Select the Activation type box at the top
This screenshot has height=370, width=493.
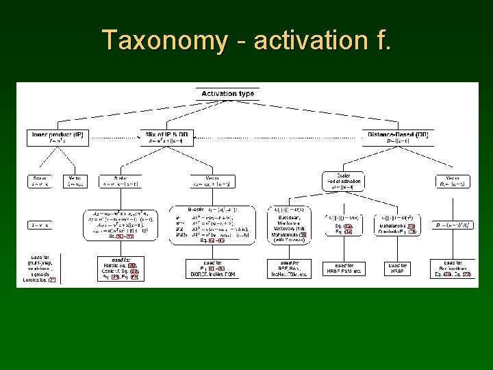(227, 94)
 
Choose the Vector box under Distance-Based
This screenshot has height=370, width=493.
(453, 182)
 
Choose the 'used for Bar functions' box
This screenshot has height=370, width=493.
(453, 269)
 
